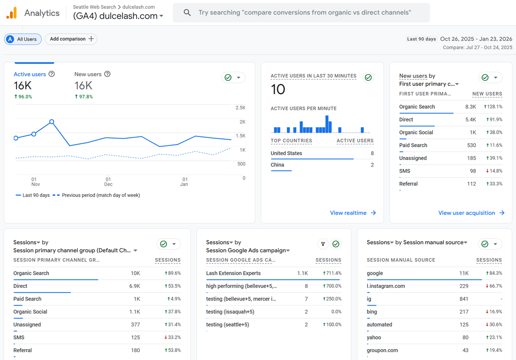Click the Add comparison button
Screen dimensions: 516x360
click(x=71, y=39)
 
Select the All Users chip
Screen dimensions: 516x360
click(x=23, y=39)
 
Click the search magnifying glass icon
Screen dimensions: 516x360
click(x=187, y=13)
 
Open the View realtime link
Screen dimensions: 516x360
click(x=353, y=213)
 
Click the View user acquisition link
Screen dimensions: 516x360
click(x=471, y=213)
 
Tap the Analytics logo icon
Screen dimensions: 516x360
click(x=12, y=13)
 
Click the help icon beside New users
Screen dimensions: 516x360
click(x=107, y=74)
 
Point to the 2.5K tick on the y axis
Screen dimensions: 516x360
click(x=241, y=108)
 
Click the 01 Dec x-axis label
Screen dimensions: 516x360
click(x=108, y=182)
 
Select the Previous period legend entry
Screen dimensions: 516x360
click(x=97, y=195)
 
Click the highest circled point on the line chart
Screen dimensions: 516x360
click(x=52, y=122)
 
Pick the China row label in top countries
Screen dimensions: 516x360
click(x=277, y=165)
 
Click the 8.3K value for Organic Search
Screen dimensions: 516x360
click(x=470, y=107)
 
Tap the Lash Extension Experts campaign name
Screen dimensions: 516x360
click(x=233, y=273)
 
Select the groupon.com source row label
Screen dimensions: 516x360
click(x=382, y=351)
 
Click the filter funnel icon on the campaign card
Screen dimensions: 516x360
click(x=323, y=244)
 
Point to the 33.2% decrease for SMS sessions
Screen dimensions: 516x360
click(x=173, y=337)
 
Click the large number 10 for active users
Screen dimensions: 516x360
click(x=278, y=90)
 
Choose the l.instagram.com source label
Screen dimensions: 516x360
click(x=386, y=286)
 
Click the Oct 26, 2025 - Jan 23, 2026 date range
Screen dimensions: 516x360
click(x=476, y=39)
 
